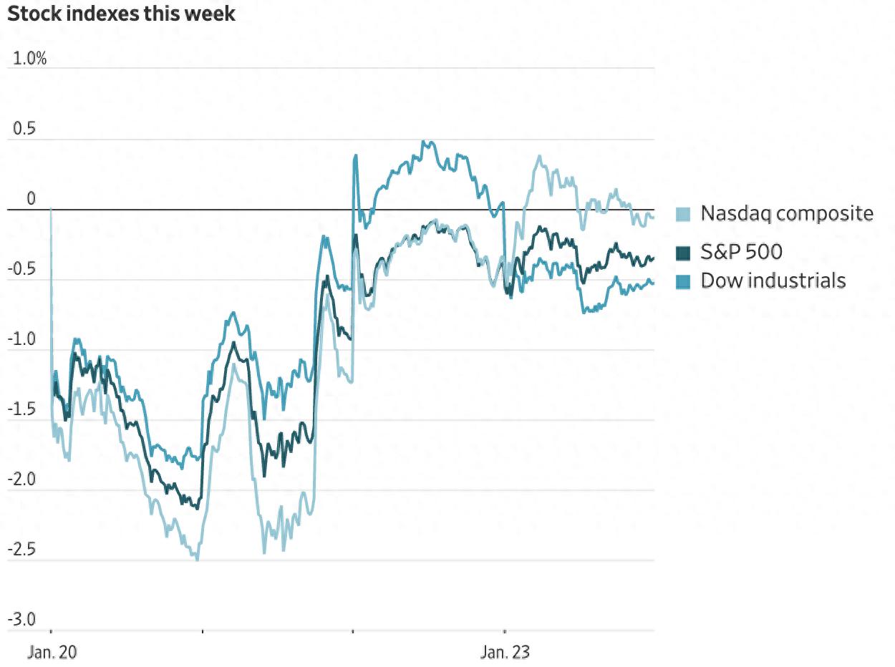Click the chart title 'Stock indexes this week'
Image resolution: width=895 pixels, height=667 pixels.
[x=121, y=14]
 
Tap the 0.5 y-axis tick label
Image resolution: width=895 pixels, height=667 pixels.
[x=25, y=130]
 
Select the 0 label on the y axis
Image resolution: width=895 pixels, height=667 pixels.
[x=31, y=199]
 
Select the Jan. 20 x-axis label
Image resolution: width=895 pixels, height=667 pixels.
[x=52, y=653]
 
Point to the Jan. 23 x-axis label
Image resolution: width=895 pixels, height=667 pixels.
[x=505, y=653]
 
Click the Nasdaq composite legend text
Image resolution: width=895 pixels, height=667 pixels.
[x=787, y=213]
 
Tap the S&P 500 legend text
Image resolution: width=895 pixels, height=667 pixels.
[x=741, y=252]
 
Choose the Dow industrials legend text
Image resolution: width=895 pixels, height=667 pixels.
[x=773, y=281]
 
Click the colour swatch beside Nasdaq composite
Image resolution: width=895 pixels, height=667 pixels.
[x=684, y=214]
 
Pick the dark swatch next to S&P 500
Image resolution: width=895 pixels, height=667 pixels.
[x=684, y=253]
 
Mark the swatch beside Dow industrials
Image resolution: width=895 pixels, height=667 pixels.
[x=684, y=281]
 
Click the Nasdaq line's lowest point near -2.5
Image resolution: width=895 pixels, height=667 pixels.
[x=197, y=558]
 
